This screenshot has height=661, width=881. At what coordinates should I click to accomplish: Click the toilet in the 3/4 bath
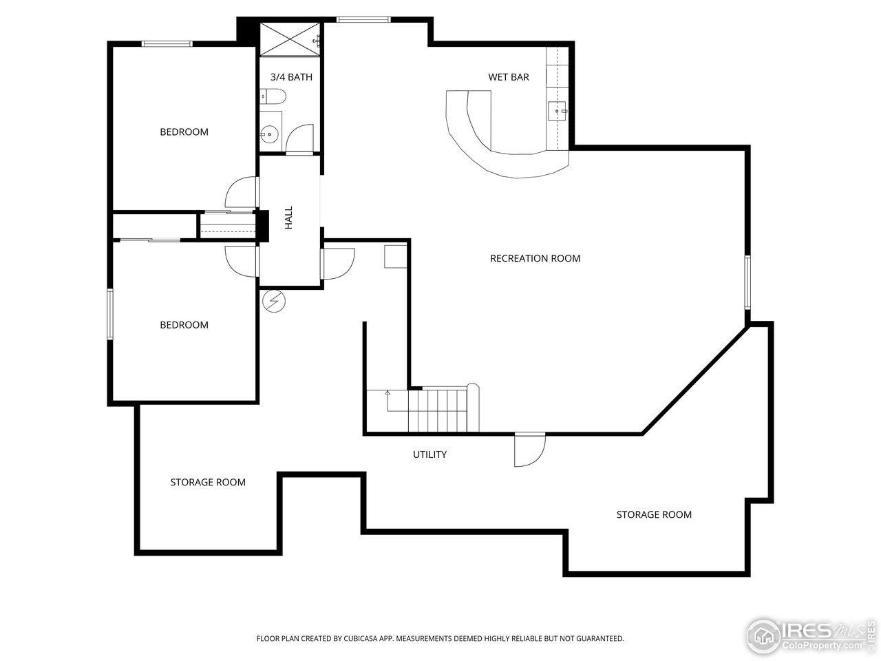click(x=273, y=97)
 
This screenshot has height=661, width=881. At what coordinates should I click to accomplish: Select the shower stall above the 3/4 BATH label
click(x=290, y=39)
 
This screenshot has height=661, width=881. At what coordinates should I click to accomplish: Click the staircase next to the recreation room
click(x=440, y=410)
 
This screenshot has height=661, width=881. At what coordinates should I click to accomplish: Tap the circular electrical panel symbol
click(x=274, y=301)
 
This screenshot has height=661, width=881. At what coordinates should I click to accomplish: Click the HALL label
click(x=289, y=218)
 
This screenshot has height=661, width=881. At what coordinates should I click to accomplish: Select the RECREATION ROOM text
click(x=535, y=258)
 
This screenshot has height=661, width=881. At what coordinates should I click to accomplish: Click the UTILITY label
click(x=429, y=454)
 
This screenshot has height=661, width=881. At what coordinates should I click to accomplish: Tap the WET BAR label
click(x=509, y=77)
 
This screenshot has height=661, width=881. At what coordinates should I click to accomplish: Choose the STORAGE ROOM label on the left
click(x=208, y=482)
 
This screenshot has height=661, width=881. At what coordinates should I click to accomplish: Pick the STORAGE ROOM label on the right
click(x=653, y=514)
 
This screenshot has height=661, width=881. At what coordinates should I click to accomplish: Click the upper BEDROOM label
click(x=184, y=132)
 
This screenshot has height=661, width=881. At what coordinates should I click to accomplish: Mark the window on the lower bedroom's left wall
click(x=109, y=314)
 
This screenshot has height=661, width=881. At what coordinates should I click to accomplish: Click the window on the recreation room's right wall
click(x=747, y=282)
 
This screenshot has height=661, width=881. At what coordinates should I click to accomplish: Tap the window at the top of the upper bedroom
click(x=167, y=44)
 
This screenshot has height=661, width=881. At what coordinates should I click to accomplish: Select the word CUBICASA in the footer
click(x=354, y=639)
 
